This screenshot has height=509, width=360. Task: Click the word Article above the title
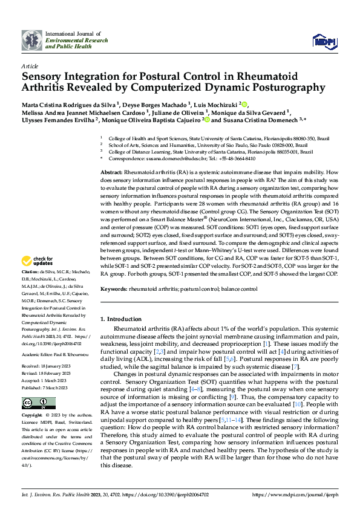click(29, 65)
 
